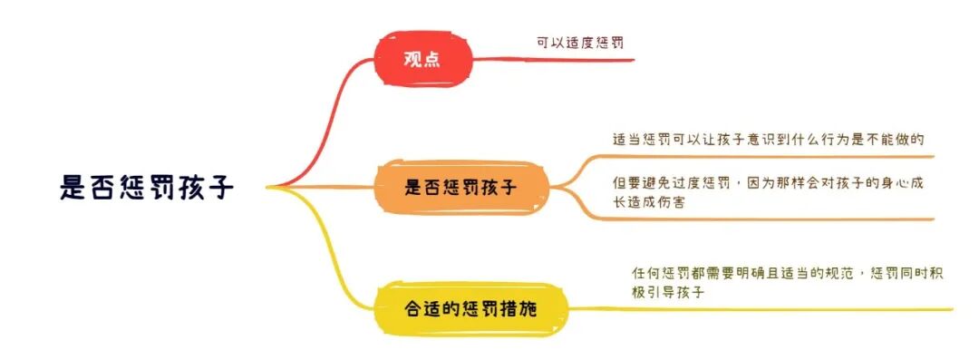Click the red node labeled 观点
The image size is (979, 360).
click(423, 61)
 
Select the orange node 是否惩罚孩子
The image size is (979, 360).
click(461, 189)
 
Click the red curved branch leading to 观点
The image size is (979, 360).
click(326, 118)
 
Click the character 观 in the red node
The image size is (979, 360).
click(413, 61)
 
